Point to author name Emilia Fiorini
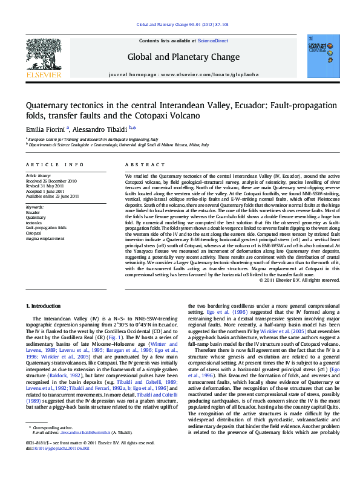(47, 128)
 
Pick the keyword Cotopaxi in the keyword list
(34, 232)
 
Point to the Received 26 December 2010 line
(52, 180)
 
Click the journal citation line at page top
(182, 24)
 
